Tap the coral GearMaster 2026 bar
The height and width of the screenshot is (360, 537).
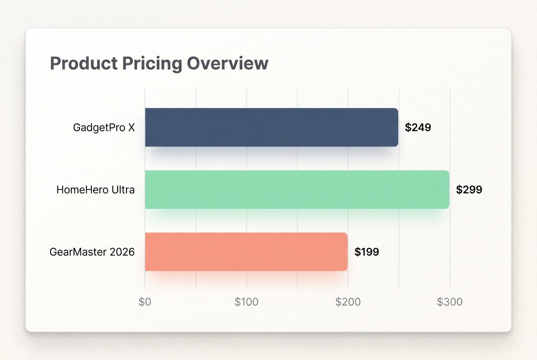[246, 252]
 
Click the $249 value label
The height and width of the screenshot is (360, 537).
[418, 127]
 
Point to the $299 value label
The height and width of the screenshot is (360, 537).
[469, 190]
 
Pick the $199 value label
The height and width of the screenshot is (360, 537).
[367, 252]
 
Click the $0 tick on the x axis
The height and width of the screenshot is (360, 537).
[145, 302]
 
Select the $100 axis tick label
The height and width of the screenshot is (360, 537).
[246, 302]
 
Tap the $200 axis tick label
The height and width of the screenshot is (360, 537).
[348, 302]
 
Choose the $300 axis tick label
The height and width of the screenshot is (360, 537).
[449, 302]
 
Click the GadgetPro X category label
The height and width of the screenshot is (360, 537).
[104, 127]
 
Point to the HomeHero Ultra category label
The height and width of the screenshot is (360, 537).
[95, 190]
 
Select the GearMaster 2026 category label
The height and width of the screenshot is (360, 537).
[92, 252]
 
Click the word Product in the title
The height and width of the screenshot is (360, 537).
[84, 64]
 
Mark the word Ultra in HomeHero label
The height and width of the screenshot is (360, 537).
[124, 190]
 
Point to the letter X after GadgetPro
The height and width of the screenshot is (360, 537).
[131, 127]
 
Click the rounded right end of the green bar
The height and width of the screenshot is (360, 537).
[447, 189]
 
